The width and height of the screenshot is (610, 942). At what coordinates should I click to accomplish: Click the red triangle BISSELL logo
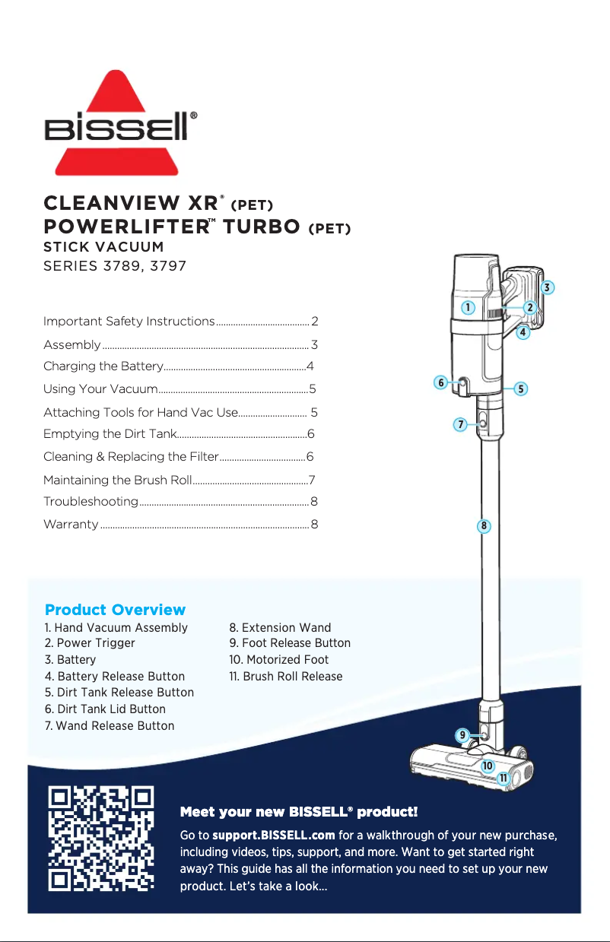(x=121, y=122)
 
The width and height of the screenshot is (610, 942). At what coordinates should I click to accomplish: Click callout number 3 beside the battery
(x=547, y=287)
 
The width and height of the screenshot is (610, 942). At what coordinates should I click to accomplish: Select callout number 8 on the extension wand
(x=484, y=525)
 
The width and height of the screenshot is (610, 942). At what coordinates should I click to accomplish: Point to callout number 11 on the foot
(x=504, y=779)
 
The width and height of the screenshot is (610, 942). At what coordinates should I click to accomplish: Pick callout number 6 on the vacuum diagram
(x=440, y=382)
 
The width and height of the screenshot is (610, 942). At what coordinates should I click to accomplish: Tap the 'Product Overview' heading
(x=115, y=610)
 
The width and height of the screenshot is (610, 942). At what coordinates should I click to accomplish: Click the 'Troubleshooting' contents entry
(x=91, y=502)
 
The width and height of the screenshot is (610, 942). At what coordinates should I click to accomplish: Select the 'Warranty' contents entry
(x=71, y=525)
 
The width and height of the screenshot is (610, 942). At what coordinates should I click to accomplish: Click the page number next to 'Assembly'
(x=314, y=345)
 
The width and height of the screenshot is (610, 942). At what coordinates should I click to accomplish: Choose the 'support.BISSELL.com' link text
(x=274, y=836)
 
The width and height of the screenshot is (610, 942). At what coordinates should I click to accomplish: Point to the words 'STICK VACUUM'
(x=103, y=246)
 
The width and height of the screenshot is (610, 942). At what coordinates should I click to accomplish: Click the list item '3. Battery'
(x=70, y=660)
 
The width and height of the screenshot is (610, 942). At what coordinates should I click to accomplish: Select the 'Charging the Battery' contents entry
(x=103, y=367)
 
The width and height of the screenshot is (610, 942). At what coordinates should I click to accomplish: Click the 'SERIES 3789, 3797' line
(x=115, y=267)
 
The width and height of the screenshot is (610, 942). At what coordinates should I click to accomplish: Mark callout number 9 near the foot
(x=462, y=734)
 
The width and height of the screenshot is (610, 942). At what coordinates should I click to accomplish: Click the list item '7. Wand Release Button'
(x=110, y=725)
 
